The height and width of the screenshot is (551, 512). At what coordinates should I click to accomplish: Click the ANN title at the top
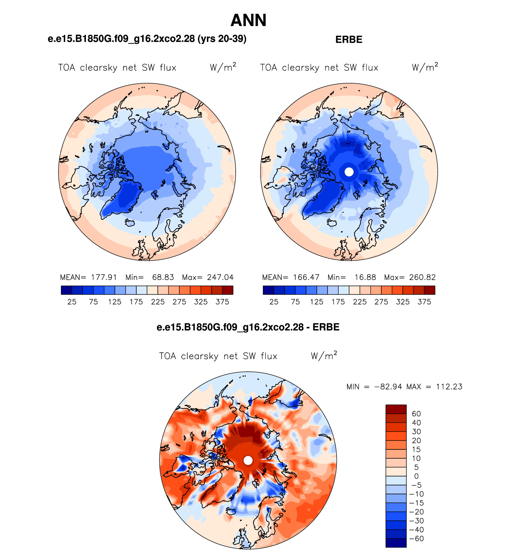(x=249, y=20)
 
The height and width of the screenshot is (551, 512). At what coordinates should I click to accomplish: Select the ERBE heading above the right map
(x=349, y=40)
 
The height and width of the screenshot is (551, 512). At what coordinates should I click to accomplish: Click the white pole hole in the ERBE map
(x=349, y=172)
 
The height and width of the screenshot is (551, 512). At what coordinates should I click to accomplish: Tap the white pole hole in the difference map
(x=248, y=460)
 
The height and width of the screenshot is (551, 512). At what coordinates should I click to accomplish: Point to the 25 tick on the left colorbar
(x=72, y=302)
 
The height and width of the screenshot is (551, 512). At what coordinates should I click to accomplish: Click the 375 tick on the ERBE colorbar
(x=424, y=302)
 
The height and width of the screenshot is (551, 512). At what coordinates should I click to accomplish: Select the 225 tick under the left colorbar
(x=158, y=302)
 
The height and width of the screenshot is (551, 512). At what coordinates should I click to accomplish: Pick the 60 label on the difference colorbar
(x=416, y=414)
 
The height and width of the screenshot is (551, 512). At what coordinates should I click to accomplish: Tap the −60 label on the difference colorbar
(x=416, y=539)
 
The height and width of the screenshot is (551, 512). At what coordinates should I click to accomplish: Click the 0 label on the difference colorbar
(x=416, y=476)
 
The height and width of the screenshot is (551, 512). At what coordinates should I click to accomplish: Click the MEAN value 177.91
(x=104, y=277)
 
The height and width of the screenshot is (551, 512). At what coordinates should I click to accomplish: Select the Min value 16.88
(x=365, y=277)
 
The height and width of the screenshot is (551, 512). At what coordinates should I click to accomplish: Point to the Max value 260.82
(x=422, y=277)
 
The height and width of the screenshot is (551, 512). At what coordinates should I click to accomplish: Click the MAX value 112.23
(x=449, y=387)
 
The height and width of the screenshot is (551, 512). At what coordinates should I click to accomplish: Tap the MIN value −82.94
(x=388, y=387)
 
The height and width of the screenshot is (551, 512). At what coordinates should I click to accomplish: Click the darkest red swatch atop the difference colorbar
(x=396, y=409)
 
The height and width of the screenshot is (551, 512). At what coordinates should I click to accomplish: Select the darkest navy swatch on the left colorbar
(x=66, y=290)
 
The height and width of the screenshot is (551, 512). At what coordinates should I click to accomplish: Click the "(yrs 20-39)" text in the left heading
(x=222, y=39)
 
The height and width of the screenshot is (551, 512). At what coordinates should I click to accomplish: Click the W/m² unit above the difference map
(x=324, y=355)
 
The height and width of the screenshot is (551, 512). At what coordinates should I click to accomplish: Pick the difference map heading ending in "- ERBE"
(x=248, y=327)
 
